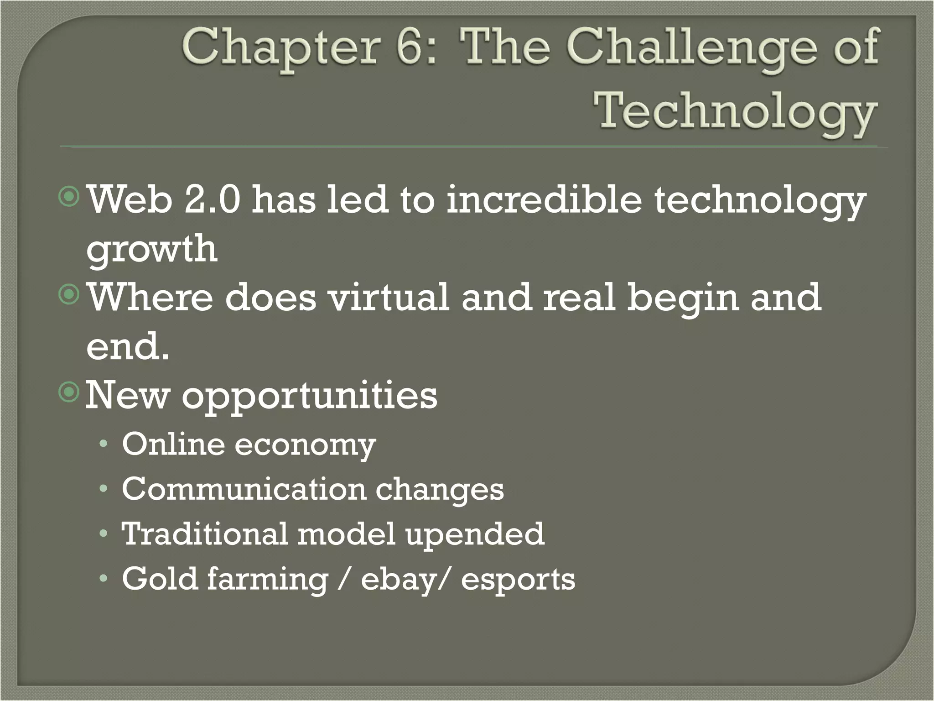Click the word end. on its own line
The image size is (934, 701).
coord(128,346)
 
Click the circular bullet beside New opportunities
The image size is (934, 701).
coord(69,392)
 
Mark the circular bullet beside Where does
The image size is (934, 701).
coord(69,295)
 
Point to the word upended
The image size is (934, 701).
coord(475,534)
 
